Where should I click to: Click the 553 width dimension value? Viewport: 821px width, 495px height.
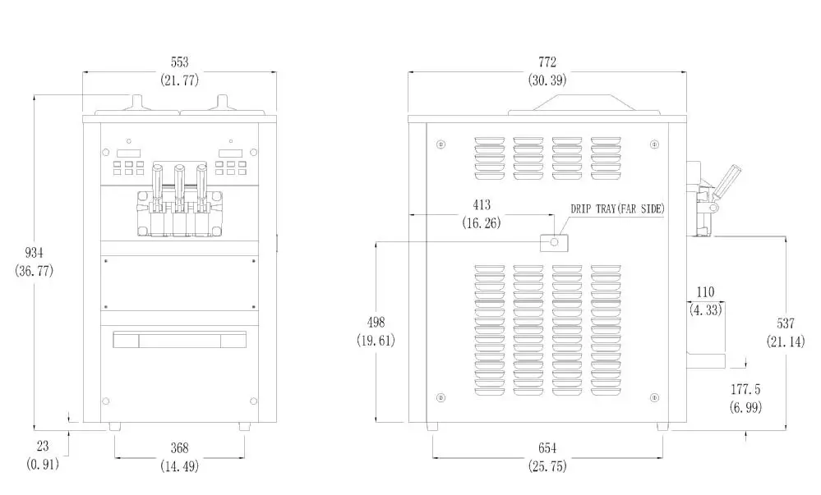[180, 62]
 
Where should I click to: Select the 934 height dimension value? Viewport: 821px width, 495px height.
[34, 253]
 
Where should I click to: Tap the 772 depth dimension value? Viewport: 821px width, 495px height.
[547, 62]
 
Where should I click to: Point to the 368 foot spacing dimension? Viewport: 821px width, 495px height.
[180, 448]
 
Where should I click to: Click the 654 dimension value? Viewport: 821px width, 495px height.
[547, 448]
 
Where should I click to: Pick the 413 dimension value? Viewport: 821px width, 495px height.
[482, 204]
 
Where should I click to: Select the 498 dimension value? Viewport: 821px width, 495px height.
[376, 322]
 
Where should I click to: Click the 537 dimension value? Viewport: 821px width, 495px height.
[786, 323]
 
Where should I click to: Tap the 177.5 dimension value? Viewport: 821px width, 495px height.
[745, 389]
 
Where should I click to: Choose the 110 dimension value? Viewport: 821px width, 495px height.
[705, 292]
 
